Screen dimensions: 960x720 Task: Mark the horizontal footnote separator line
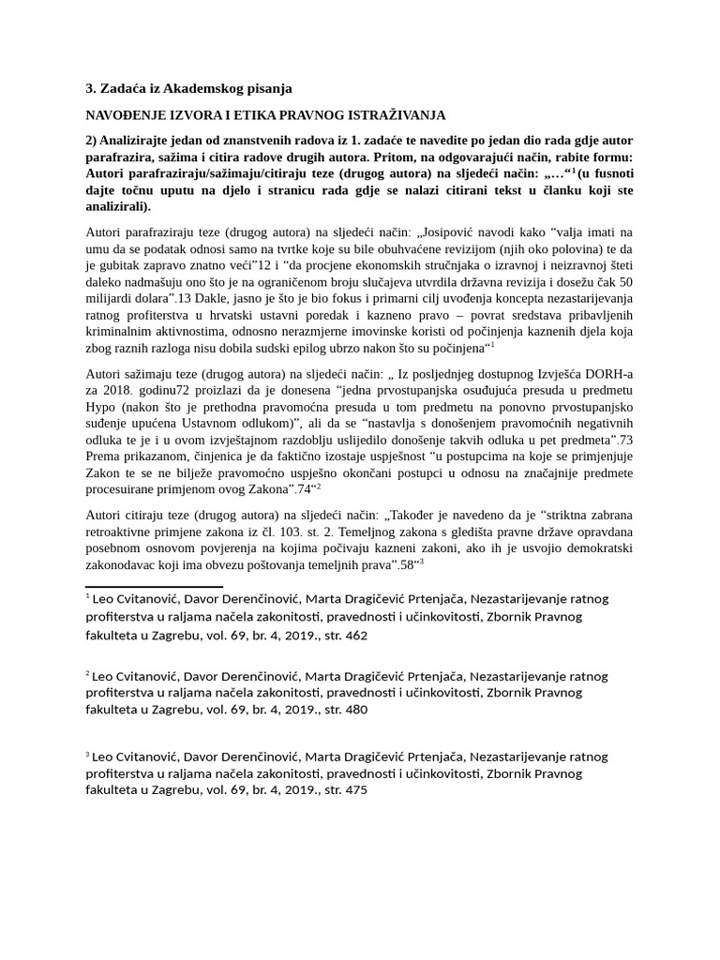click(x=154, y=587)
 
